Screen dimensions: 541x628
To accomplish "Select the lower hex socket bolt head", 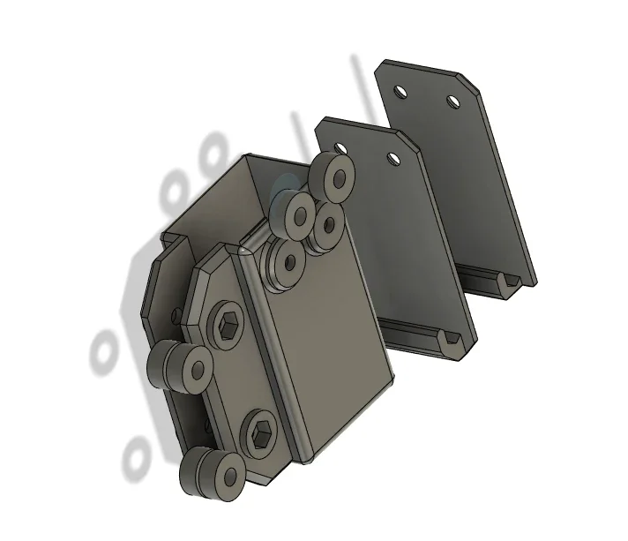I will click(262, 433).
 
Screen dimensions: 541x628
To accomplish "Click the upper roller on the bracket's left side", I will click(183, 364).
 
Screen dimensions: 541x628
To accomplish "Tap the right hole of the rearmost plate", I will click(453, 101).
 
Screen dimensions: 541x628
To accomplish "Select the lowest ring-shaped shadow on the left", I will click(138, 455).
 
